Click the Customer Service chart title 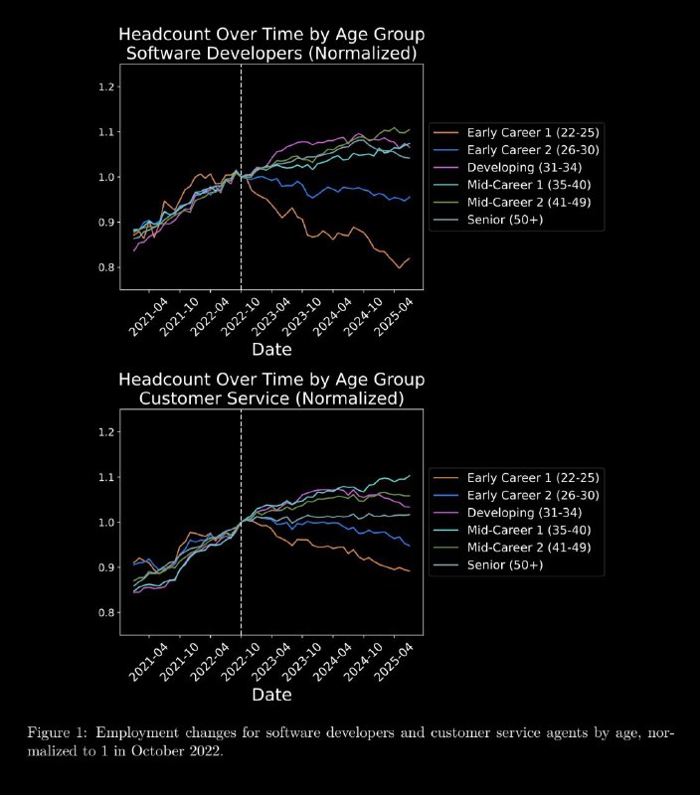click(271, 389)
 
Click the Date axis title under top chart click(271, 349)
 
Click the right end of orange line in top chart click(409, 257)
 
